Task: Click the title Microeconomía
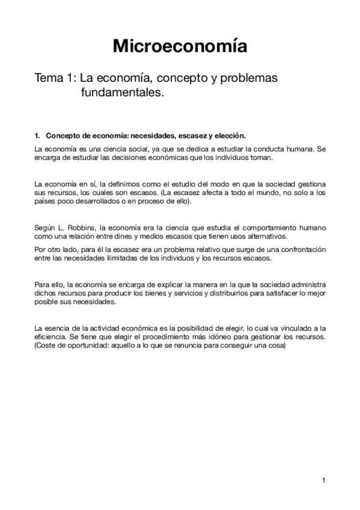point(180,46)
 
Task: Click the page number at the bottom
point(324,480)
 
